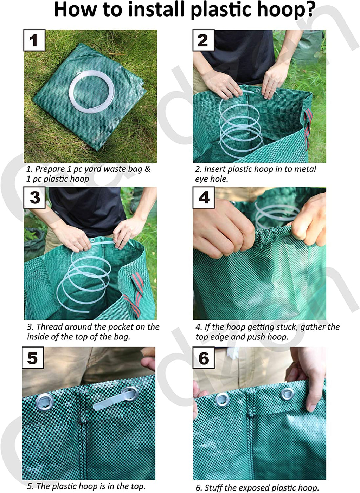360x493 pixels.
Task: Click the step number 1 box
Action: [x=34, y=40]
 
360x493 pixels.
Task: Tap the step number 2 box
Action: [x=203, y=40]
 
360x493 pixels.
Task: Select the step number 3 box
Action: [x=34, y=197]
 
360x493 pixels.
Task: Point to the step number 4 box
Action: [x=204, y=197]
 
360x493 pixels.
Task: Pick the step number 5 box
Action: [x=33, y=358]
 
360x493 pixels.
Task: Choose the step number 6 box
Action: [x=204, y=358]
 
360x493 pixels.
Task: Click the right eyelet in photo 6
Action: [x=287, y=394]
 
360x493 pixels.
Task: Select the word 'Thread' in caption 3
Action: [x=49, y=327]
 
